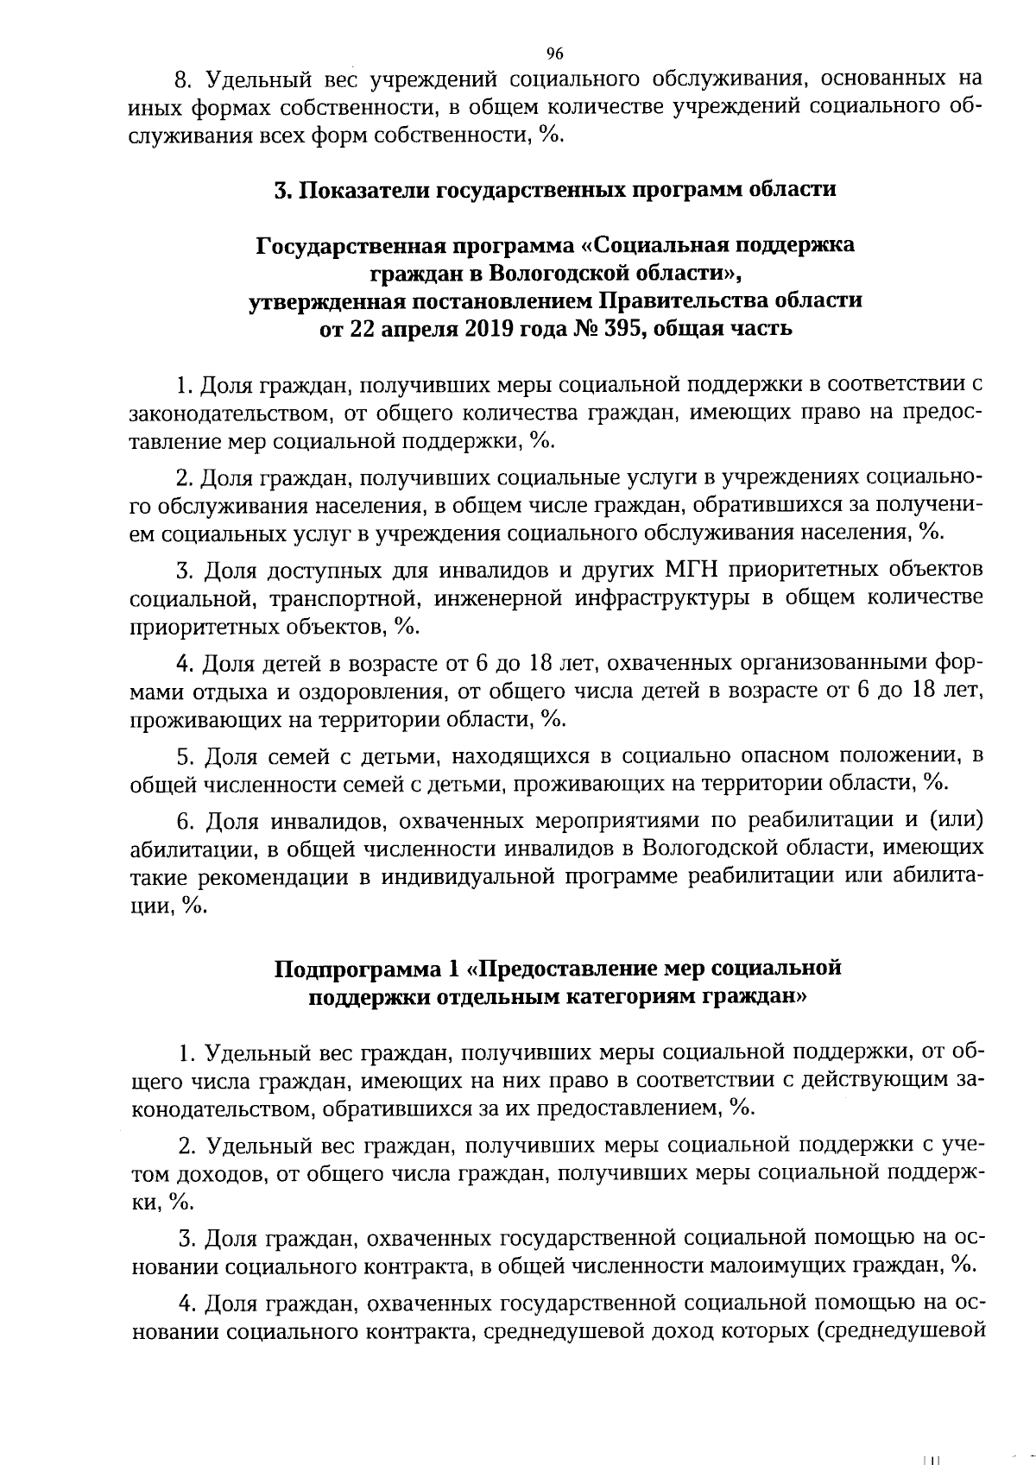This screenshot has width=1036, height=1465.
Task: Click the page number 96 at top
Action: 555,54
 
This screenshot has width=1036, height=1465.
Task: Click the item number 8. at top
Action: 182,80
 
